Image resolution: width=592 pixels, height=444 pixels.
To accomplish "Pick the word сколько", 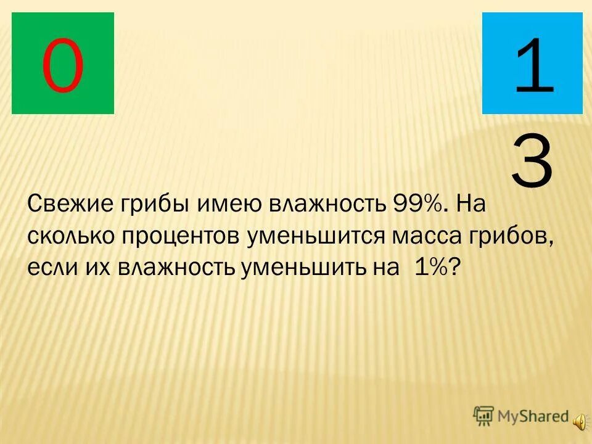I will tap(71, 237).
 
